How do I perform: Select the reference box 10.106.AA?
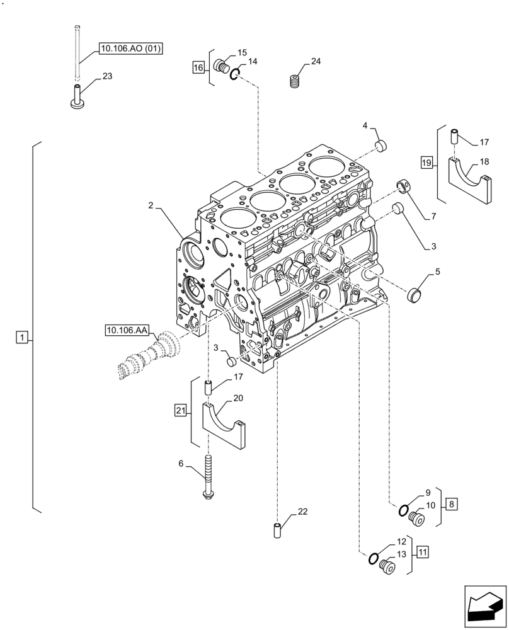click(x=127, y=329)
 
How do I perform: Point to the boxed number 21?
click(x=181, y=411)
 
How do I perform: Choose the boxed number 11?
click(x=422, y=552)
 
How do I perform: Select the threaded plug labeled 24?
click(x=294, y=81)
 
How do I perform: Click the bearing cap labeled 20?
click(x=223, y=425)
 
